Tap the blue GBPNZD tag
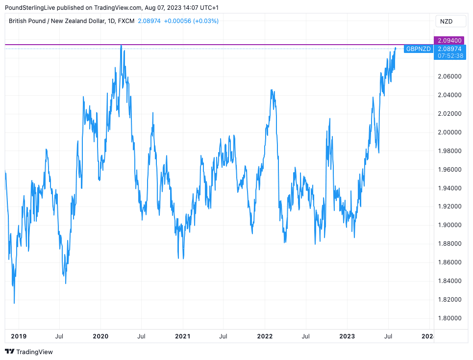point(418,49)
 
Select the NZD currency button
point(446,21)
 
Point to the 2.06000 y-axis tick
point(449,76)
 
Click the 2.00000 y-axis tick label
point(449,132)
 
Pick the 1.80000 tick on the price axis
point(449,318)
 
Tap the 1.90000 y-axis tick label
point(449,225)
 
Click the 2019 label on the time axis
point(18,336)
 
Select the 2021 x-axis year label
point(182,336)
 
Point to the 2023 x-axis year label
point(347,336)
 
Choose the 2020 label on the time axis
point(100,336)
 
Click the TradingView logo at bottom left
point(29,352)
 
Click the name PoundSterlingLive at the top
point(29,8)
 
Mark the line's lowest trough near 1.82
point(14,303)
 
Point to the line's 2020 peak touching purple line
point(121,46)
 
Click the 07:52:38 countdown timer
point(449,56)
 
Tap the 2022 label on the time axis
point(265,336)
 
